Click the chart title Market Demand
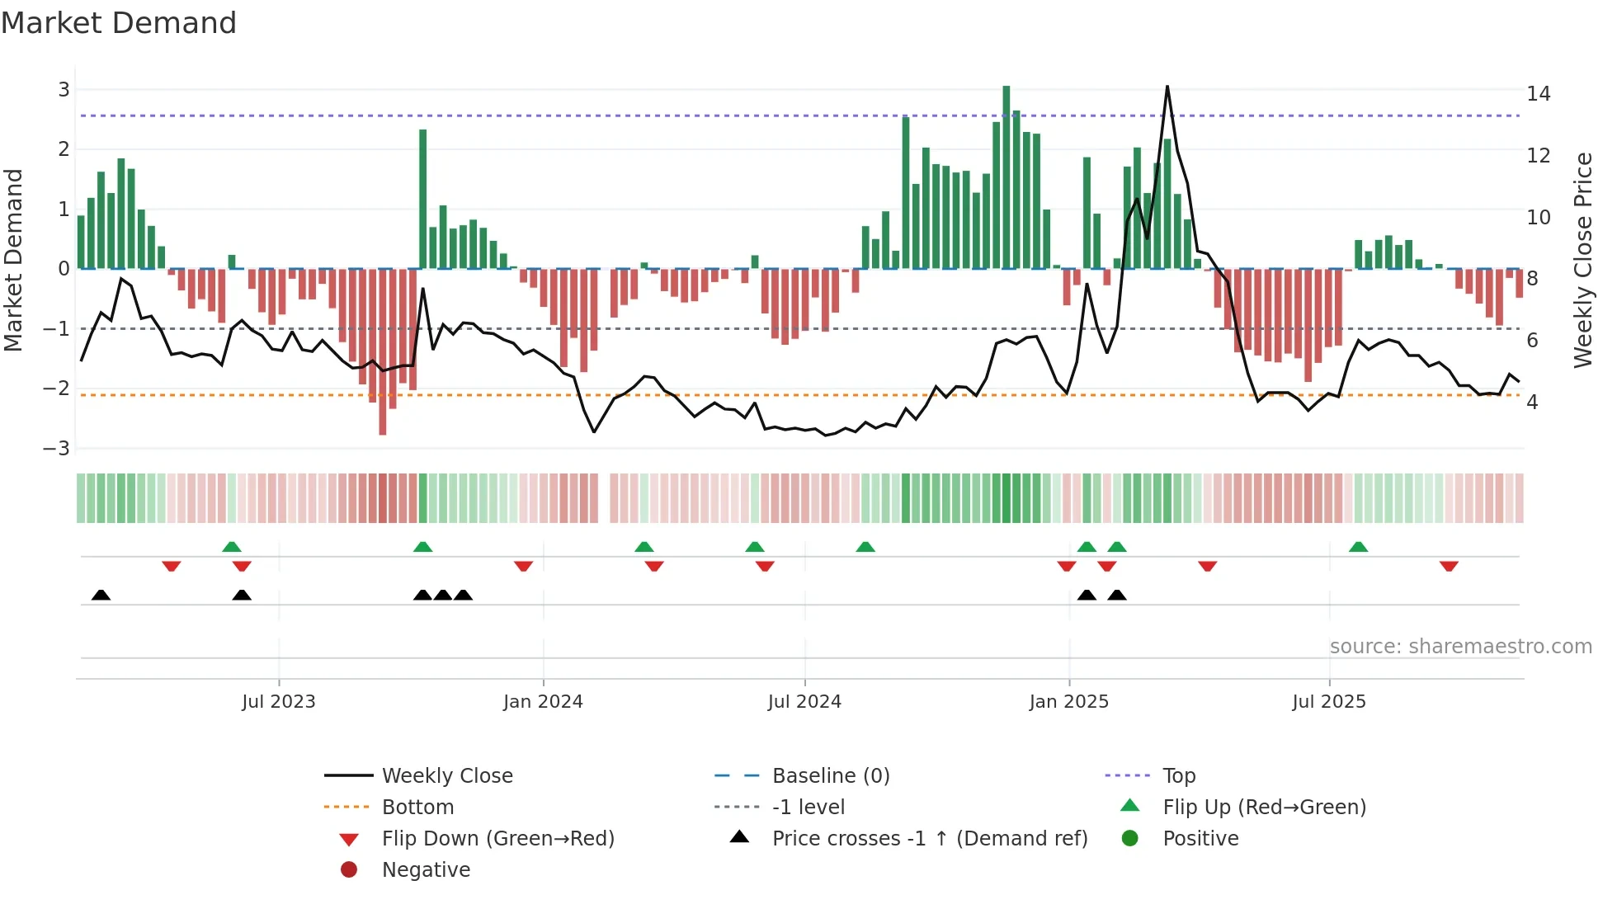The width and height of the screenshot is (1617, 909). click(x=119, y=23)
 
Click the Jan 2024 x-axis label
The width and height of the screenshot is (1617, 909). click(x=543, y=702)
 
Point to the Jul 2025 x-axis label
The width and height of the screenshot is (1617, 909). click(x=1328, y=702)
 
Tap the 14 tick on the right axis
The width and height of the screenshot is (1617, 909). click(x=1538, y=94)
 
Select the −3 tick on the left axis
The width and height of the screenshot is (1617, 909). click(x=57, y=449)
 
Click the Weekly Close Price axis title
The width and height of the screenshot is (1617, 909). click(x=1582, y=260)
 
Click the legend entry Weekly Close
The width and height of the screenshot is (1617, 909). click(x=446, y=776)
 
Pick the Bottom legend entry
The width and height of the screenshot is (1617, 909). click(x=417, y=808)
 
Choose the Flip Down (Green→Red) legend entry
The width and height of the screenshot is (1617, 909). click(x=497, y=839)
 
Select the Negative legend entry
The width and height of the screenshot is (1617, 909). click(x=426, y=870)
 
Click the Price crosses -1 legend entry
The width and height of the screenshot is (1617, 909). click(x=929, y=839)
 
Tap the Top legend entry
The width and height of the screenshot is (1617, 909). click(x=1178, y=776)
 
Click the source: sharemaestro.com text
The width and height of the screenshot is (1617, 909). click(x=1460, y=647)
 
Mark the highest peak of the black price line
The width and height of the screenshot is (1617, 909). click(x=1167, y=87)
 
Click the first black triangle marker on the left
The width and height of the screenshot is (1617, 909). click(x=101, y=596)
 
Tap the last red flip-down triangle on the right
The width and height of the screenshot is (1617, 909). click(x=1449, y=566)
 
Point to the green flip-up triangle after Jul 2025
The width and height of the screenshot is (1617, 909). click(x=1358, y=547)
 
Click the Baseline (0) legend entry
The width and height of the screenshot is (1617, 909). click(x=830, y=776)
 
